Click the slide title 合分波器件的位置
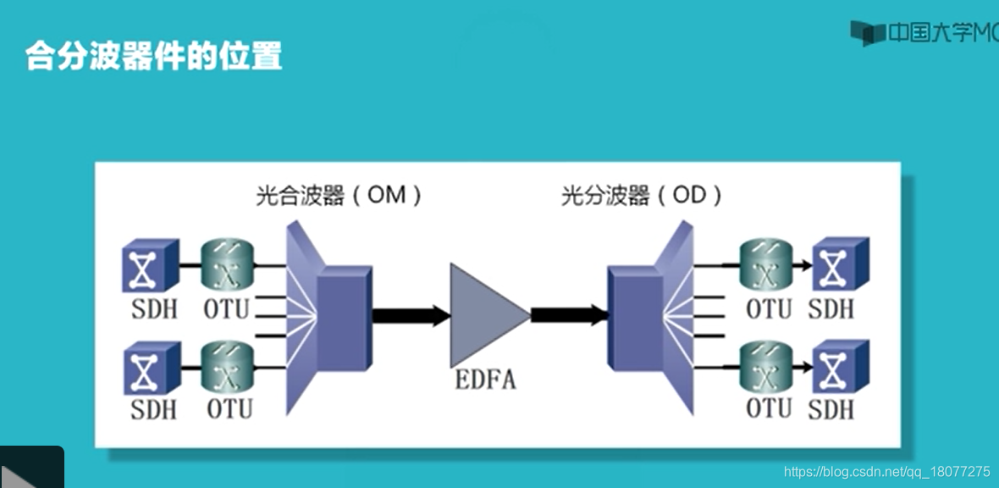pyautogui.click(x=153, y=56)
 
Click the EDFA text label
pyautogui.click(x=485, y=379)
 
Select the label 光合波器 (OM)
pyautogui.click(x=339, y=196)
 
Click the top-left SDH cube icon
pyautogui.click(x=150, y=265)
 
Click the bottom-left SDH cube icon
pyautogui.click(x=152, y=368)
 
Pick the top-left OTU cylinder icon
pyautogui.click(x=227, y=265)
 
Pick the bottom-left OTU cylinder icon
pyautogui.click(x=227, y=367)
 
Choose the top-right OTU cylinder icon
pyautogui.click(x=765, y=264)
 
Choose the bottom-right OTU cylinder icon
pyautogui.click(x=765, y=366)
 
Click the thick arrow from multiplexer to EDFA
pyautogui.click(x=411, y=316)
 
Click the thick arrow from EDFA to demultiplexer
pyautogui.click(x=569, y=316)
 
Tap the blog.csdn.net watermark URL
pyautogui.click(x=886, y=471)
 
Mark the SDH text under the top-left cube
pyautogui.click(x=154, y=309)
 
